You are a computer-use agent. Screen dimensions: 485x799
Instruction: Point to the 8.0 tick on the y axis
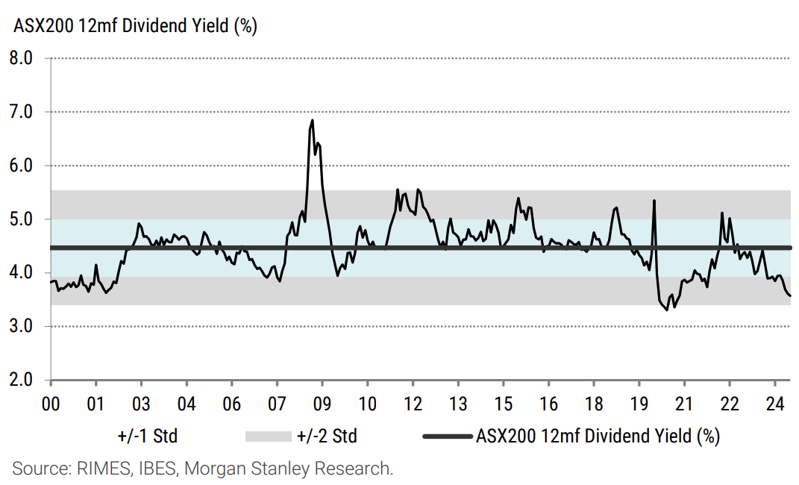point(25,58)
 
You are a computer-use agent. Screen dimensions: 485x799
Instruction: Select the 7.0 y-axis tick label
point(25,112)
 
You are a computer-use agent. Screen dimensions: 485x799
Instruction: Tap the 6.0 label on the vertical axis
point(25,166)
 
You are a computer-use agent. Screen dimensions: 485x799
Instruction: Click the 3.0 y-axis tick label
point(25,327)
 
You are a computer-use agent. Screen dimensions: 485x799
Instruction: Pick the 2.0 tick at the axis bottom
point(25,381)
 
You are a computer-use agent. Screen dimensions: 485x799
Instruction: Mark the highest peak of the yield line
point(312,120)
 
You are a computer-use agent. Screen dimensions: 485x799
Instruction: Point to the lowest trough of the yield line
point(667,310)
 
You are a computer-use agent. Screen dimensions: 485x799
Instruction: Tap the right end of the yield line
point(790,296)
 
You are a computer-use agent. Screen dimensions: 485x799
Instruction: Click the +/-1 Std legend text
point(148,436)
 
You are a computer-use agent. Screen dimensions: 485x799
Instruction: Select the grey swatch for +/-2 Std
point(267,436)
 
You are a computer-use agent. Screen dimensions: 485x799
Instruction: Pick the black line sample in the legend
point(447,436)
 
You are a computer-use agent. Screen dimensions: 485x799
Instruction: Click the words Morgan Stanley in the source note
point(239,469)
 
